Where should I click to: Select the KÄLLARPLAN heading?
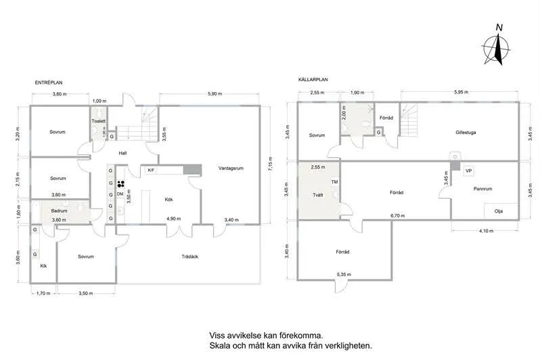click(x=313, y=79)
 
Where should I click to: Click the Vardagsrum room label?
click(x=230, y=168)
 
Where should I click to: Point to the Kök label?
click(x=169, y=200)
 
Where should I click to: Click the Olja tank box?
click(x=499, y=210)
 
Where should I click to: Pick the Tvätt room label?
click(x=317, y=194)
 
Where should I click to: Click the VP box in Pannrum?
click(x=468, y=171)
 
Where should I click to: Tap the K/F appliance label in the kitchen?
click(x=151, y=171)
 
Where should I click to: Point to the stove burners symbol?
click(x=120, y=183)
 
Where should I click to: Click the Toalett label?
click(x=99, y=121)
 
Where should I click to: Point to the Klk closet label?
click(x=43, y=266)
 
